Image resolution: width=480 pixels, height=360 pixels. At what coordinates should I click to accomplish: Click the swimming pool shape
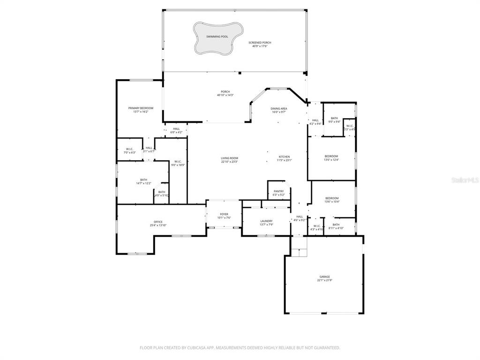pyautogui.click(x=218, y=37)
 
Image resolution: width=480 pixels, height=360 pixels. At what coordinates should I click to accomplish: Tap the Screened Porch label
pyautogui.click(x=260, y=43)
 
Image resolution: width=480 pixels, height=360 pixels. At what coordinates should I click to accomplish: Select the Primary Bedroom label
pyautogui.click(x=141, y=108)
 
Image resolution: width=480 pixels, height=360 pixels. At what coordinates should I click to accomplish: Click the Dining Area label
pyautogui.click(x=279, y=109)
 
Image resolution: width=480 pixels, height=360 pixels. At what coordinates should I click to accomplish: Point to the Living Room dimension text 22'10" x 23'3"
pyautogui.click(x=230, y=162)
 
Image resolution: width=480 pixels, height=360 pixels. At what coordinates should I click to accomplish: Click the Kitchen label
pyautogui.click(x=284, y=157)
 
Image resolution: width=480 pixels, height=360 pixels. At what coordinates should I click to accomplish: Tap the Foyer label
pyautogui.click(x=224, y=214)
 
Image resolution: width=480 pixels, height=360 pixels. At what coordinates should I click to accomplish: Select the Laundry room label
pyautogui.click(x=266, y=221)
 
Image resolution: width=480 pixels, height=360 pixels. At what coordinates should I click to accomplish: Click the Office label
pyautogui.click(x=158, y=222)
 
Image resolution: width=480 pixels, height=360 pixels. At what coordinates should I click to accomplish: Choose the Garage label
pyautogui.click(x=325, y=277)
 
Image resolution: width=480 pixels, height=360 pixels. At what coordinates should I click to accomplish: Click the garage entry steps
pyautogui.click(x=299, y=246)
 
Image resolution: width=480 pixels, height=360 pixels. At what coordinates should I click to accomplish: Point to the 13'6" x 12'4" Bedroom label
pyautogui.click(x=331, y=156)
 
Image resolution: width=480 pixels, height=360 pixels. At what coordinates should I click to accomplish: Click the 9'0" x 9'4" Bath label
pyautogui.click(x=334, y=119)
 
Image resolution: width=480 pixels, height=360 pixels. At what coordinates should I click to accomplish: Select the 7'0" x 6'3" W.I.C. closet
pyautogui.click(x=129, y=150)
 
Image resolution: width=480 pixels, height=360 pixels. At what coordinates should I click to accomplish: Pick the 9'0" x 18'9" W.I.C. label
pyautogui.click(x=178, y=162)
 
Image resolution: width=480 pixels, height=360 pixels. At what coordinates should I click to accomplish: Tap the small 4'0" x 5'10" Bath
pyautogui.click(x=161, y=193)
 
